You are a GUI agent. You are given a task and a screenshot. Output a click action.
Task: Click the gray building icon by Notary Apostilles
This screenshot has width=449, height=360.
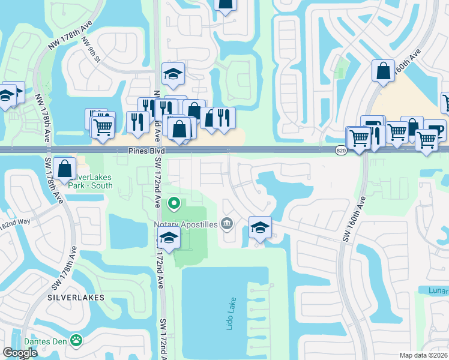coord(227,224)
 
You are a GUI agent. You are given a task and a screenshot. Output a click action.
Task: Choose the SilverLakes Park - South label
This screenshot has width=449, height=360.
coord(91,181)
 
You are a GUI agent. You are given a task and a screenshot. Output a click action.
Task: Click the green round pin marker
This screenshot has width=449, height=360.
coord(174,204)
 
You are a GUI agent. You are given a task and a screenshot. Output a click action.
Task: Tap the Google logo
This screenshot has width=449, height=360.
coord(20,353)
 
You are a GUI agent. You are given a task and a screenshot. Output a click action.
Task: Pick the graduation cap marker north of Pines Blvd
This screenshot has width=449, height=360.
coord(173,74)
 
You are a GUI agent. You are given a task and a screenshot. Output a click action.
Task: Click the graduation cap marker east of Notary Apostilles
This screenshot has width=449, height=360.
coord(260,227)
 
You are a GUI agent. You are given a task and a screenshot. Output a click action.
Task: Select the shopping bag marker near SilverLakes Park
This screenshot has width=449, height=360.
coord(64,167)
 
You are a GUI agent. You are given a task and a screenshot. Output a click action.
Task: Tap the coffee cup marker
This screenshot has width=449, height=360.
coord(435,129)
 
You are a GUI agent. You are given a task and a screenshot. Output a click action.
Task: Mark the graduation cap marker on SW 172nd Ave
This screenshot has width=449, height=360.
coord(169,238)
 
